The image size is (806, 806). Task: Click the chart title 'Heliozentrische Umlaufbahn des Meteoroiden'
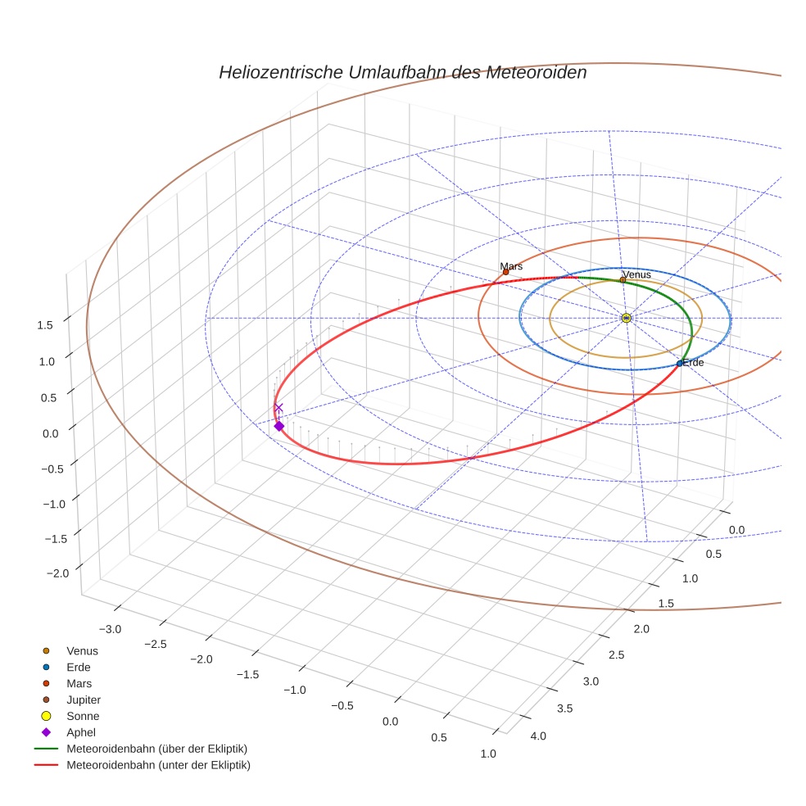tap(402, 72)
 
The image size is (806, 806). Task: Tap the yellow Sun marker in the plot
tap(626, 318)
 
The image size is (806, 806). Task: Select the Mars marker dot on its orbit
tap(505, 272)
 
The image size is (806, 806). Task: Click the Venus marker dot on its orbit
tap(623, 279)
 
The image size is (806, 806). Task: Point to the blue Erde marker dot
tap(679, 363)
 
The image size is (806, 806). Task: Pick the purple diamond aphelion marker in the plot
tap(278, 426)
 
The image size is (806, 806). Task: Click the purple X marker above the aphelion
tap(278, 407)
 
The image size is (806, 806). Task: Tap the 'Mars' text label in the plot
tap(511, 266)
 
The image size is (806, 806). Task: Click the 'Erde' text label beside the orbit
tap(693, 362)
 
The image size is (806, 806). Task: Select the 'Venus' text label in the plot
tap(636, 274)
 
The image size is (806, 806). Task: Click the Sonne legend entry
tap(83, 716)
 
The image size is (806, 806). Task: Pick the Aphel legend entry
tap(81, 732)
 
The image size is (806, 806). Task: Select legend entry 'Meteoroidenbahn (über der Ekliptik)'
tap(156, 749)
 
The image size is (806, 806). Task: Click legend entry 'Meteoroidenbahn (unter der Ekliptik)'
tap(158, 765)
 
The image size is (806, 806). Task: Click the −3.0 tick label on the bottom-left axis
tap(109, 629)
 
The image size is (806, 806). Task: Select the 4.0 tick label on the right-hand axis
tap(538, 736)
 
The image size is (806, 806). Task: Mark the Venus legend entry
tap(82, 650)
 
